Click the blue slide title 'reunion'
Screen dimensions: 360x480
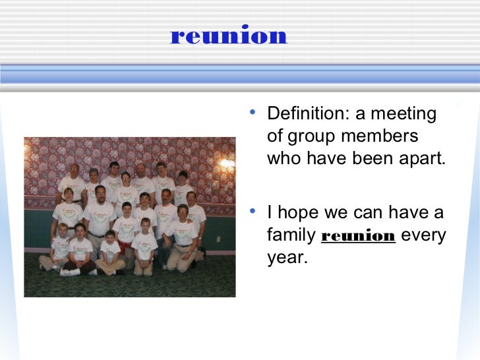(228, 36)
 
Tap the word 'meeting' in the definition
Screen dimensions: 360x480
(404, 114)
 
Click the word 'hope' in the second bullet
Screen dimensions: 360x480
(299, 214)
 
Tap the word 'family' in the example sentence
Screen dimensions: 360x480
(291, 235)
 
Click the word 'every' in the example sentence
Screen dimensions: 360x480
(423, 235)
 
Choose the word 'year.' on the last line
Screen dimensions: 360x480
(287, 258)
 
